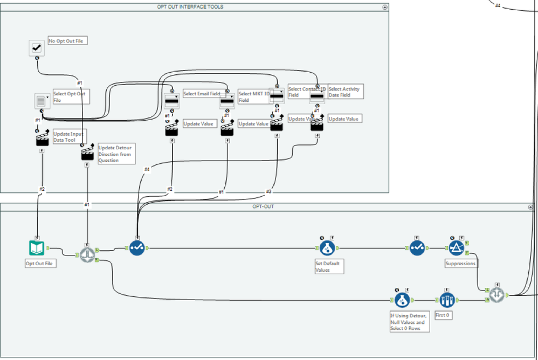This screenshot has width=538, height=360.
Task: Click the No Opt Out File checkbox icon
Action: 37,48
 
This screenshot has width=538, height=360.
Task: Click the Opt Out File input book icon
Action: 37,248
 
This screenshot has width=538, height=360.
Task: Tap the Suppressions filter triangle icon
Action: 457,248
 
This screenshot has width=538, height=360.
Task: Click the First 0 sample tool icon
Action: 447,299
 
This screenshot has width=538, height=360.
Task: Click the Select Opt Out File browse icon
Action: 42,101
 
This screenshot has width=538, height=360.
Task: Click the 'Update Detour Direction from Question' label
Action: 115,154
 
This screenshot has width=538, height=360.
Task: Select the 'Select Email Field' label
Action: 202,94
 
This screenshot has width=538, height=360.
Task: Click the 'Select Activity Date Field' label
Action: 345,92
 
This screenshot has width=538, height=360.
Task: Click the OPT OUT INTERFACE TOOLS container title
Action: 194,7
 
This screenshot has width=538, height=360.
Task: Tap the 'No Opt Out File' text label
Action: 67,41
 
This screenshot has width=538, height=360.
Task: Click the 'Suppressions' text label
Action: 460,264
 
